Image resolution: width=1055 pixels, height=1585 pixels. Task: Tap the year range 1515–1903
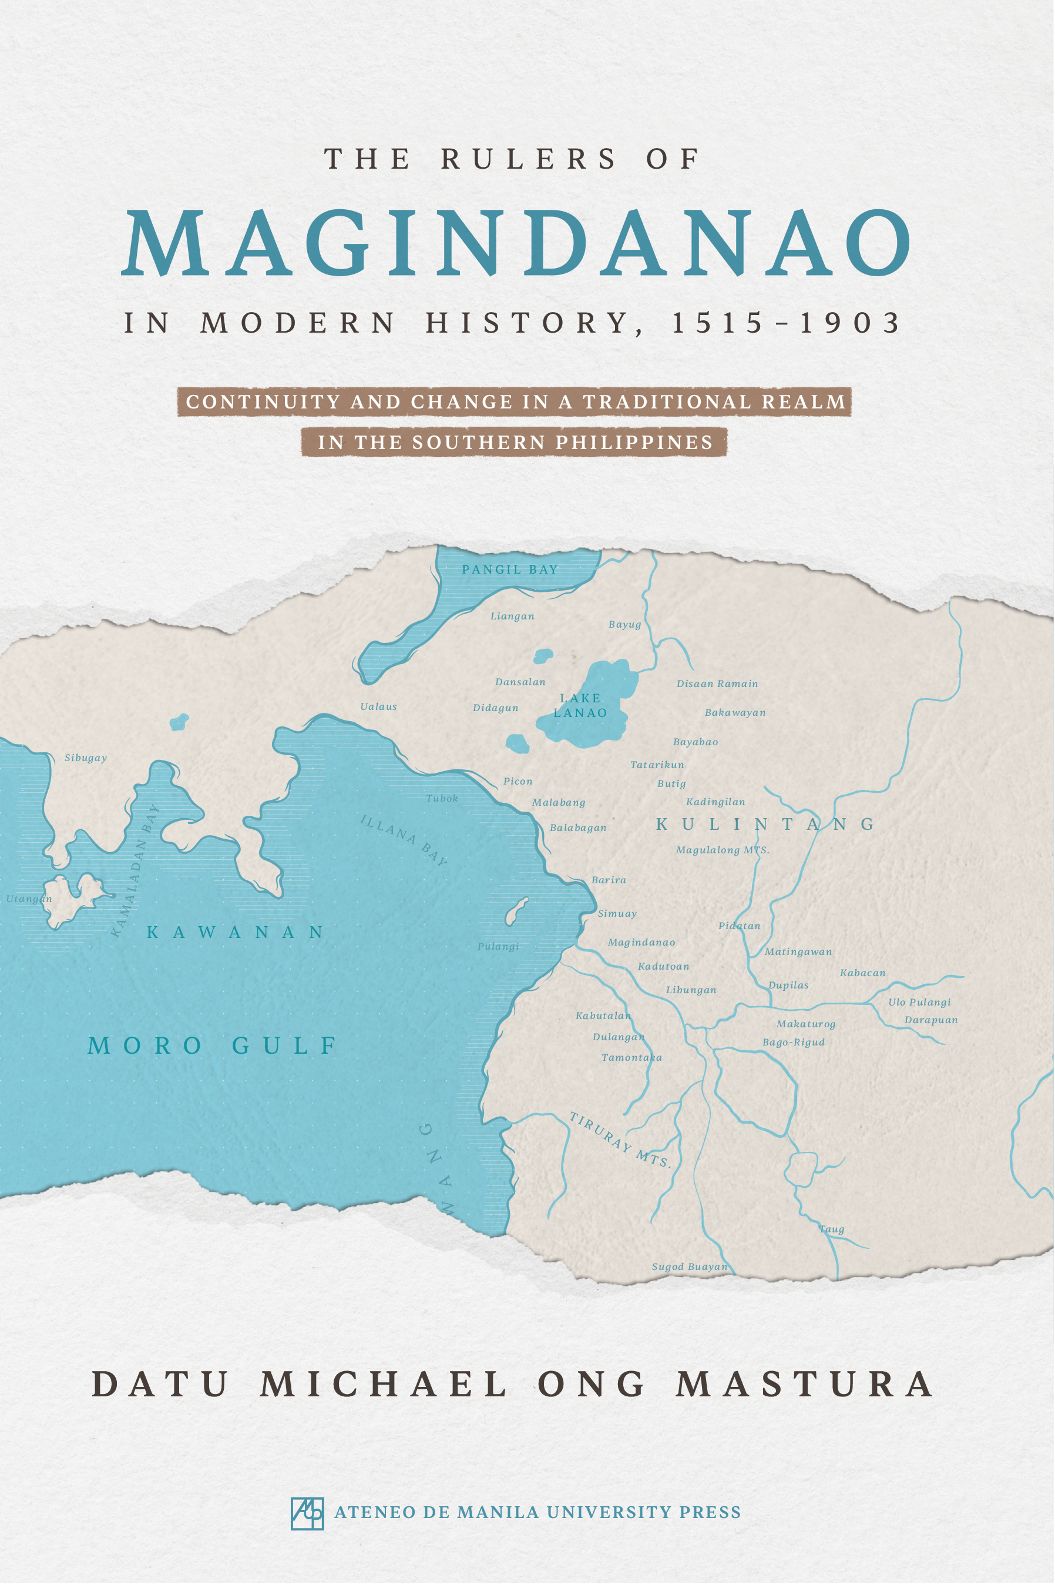[786, 323]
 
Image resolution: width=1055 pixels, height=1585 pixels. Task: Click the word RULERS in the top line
[528, 159]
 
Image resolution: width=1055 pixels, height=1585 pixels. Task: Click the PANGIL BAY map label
[509, 569]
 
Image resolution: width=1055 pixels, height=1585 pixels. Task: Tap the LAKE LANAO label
[580, 705]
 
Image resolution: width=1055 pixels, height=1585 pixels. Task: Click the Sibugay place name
[85, 758]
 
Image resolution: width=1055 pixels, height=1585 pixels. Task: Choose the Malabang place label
[559, 802]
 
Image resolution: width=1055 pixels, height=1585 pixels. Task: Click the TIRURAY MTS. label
[620, 1140]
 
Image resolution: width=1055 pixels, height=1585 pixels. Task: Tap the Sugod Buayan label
[690, 1266]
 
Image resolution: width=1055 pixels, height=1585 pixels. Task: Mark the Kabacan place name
[862, 973]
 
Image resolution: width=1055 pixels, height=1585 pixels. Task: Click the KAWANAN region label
[236, 932]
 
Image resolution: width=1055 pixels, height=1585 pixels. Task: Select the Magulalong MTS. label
[722, 850]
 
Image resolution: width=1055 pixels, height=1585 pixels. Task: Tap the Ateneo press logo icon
[307, 1514]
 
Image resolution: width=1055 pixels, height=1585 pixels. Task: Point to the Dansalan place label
[520, 682]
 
